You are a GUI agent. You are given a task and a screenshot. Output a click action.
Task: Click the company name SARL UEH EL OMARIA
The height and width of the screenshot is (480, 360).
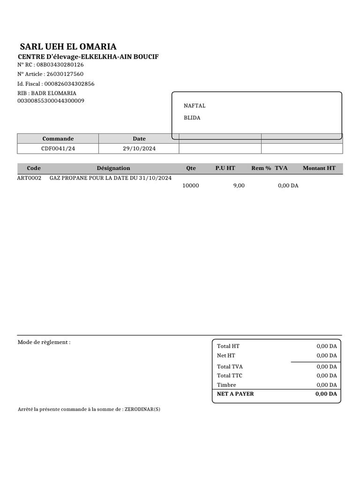(68, 46)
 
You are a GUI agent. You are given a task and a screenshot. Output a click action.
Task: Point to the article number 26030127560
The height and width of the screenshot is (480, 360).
(65, 74)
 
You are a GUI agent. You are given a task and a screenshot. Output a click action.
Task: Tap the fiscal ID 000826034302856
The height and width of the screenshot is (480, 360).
(69, 84)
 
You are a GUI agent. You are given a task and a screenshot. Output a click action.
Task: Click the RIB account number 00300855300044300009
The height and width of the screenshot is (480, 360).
(51, 101)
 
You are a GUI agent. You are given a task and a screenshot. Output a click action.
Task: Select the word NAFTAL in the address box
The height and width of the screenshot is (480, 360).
(195, 106)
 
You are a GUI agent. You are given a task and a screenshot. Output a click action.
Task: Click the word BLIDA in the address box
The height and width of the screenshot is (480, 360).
(192, 118)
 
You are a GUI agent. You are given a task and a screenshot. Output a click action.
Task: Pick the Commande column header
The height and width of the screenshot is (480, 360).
(58, 139)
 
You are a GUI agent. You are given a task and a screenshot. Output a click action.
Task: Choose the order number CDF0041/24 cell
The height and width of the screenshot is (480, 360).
(58, 149)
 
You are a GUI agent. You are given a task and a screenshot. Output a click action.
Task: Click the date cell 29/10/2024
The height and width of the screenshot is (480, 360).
(139, 149)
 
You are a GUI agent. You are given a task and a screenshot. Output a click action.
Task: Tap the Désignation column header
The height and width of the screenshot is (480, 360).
(113, 168)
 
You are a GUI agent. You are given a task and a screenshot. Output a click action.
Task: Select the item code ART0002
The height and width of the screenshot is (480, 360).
(29, 178)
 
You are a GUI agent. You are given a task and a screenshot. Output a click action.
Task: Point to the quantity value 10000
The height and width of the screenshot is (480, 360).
(191, 186)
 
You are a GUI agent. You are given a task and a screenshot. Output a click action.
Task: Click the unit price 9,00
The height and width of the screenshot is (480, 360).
(239, 186)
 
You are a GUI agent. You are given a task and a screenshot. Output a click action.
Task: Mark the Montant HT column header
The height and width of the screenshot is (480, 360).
(319, 168)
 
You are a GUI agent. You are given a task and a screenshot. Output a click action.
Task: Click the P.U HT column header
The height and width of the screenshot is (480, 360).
(225, 168)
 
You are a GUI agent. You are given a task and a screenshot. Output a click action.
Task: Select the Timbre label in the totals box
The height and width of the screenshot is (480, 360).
(226, 385)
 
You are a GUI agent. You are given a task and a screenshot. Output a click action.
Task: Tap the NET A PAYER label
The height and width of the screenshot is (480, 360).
(235, 394)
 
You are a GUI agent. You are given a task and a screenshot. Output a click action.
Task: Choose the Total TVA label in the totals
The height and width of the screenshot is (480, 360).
(230, 367)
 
